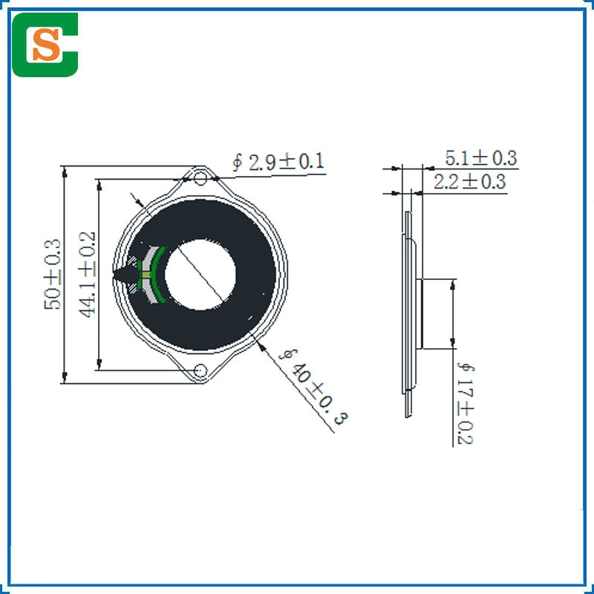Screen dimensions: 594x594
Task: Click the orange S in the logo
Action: click(x=46, y=45)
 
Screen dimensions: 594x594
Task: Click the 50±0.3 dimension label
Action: click(x=52, y=274)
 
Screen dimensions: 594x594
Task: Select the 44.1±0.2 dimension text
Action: click(x=87, y=274)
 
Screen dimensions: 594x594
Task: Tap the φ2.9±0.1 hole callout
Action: click(x=278, y=162)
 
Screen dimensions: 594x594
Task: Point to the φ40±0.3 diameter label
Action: click(x=313, y=386)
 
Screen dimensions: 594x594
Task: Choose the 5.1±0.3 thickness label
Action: click(x=480, y=158)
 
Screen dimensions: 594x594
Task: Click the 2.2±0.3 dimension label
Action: click(x=469, y=181)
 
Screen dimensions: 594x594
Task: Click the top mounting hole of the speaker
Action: click(x=200, y=178)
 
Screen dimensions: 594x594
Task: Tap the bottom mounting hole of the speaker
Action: click(x=200, y=371)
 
